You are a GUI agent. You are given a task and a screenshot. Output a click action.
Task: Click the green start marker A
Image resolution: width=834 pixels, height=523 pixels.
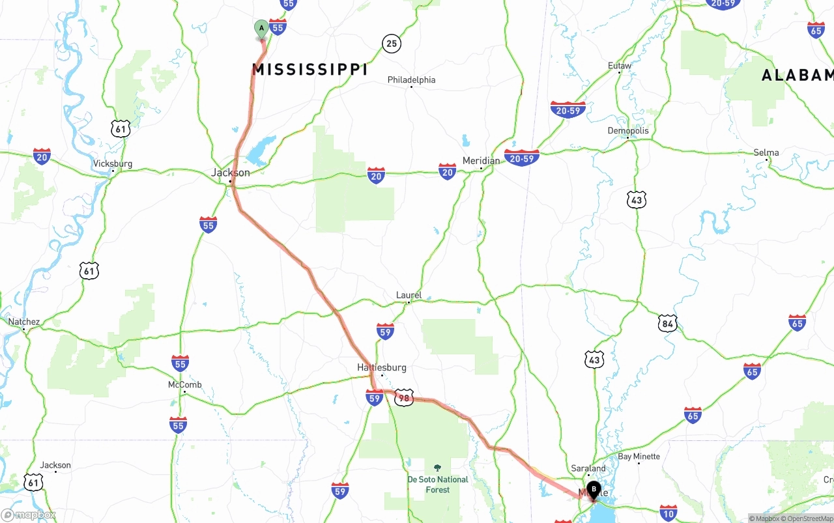coord(261,28)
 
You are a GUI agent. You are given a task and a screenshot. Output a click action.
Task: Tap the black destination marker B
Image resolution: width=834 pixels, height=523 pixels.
coord(594,489)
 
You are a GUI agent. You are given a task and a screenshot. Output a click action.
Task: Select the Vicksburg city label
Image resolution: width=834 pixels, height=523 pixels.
coord(113,163)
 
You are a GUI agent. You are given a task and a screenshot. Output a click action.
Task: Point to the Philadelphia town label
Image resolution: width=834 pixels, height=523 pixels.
coord(411,79)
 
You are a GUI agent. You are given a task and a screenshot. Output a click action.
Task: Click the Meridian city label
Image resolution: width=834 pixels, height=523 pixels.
coord(481,161)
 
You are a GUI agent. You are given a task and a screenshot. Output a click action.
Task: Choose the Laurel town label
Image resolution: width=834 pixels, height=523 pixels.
coord(409,295)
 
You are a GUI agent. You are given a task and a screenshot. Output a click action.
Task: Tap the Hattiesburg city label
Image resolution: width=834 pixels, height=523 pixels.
coord(381,367)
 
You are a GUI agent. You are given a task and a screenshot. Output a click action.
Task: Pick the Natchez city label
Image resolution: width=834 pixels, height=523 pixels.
coord(23,322)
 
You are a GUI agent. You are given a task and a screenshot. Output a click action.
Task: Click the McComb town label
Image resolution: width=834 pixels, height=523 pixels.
coord(184,385)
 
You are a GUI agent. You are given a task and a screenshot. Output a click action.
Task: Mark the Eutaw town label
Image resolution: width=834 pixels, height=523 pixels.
coord(620,66)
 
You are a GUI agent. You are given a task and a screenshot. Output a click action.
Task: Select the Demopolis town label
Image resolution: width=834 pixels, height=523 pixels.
coord(628,130)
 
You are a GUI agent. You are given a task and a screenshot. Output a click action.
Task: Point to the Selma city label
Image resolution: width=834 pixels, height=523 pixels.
coord(766,152)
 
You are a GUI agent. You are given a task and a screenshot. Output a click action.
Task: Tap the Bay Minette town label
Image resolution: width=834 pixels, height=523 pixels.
coord(639,457)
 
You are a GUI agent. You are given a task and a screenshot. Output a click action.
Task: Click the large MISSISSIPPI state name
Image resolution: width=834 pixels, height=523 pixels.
coord(310,70)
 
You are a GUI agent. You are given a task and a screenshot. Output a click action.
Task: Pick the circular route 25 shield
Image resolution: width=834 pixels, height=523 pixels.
coord(391,44)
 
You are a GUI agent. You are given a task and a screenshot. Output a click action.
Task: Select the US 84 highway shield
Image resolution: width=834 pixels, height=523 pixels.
coord(667,323)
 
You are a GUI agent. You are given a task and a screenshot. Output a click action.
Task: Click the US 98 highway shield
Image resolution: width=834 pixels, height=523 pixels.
coord(404,398)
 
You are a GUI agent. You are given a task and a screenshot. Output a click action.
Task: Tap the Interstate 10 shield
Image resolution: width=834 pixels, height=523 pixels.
coord(668,512)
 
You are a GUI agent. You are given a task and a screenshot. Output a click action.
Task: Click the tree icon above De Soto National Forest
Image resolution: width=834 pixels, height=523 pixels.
coord(437,468)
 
